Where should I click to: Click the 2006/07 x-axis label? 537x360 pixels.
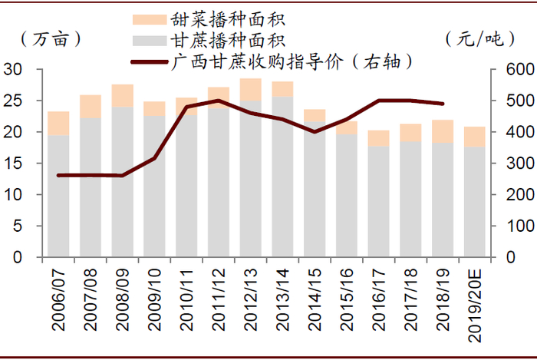pyautogui.click(x=58, y=299)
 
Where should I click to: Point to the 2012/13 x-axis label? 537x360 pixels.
pyautogui.click(x=250, y=299)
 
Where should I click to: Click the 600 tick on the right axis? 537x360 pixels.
pyautogui.click(x=512, y=70)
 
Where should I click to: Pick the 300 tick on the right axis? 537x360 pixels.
pyautogui.click(x=512, y=163)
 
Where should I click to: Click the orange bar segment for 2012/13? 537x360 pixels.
pyautogui.click(x=250, y=89)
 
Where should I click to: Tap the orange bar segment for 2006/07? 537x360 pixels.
pyautogui.click(x=58, y=124)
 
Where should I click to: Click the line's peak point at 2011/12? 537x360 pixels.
pyautogui.click(x=219, y=101)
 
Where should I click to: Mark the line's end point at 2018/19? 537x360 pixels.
pyautogui.click(x=442, y=104)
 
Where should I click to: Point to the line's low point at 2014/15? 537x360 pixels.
pyautogui.click(x=314, y=131)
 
